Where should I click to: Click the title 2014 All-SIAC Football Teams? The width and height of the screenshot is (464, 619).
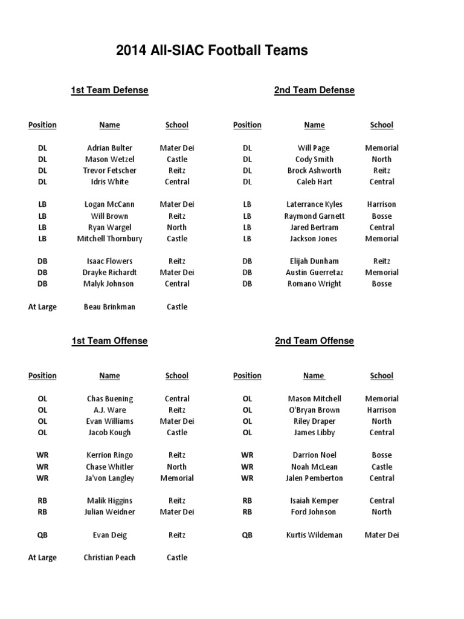pyautogui.click(x=211, y=51)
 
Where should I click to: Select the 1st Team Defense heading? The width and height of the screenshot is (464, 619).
pyautogui.click(x=109, y=90)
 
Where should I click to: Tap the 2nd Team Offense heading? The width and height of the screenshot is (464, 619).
pyautogui.click(x=314, y=341)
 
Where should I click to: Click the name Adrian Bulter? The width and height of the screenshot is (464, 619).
pyautogui.click(x=109, y=148)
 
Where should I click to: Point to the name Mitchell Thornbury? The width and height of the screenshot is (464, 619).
pyautogui.click(x=109, y=239)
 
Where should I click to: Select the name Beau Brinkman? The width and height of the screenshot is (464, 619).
pyautogui.click(x=109, y=307)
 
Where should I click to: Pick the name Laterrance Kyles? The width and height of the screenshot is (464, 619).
pyautogui.click(x=314, y=205)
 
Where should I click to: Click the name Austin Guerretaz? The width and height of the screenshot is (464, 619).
pyautogui.click(x=314, y=273)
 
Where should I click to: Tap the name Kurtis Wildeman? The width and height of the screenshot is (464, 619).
pyautogui.click(x=314, y=535)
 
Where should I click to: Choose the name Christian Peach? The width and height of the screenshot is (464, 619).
pyautogui.click(x=109, y=558)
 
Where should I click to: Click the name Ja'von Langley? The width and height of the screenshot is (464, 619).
pyautogui.click(x=109, y=478)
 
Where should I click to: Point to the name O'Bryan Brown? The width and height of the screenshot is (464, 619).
pyautogui.click(x=314, y=410)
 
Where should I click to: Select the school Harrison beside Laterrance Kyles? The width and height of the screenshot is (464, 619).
pyautogui.click(x=381, y=205)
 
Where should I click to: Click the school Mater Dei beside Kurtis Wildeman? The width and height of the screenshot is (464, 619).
pyautogui.click(x=381, y=535)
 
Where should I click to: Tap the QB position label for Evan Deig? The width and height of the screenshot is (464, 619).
pyautogui.click(x=42, y=535)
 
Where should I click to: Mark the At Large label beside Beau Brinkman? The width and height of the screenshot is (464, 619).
pyautogui.click(x=42, y=307)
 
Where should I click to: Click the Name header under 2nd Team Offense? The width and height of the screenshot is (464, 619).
pyautogui.click(x=314, y=376)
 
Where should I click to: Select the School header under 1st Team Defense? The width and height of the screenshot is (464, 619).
pyautogui.click(x=176, y=125)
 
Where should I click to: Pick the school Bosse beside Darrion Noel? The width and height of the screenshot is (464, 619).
pyautogui.click(x=381, y=455)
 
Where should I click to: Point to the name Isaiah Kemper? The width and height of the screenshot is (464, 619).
pyautogui.click(x=314, y=501)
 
